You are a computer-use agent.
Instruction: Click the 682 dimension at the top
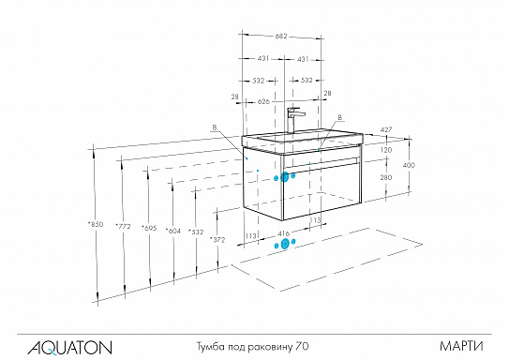pyautogui.click(x=282, y=37)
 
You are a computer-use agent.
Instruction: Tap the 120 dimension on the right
pyautogui.click(x=384, y=149)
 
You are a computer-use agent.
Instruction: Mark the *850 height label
pyautogui.click(x=95, y=224)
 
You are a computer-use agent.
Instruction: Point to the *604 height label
pyautogui.click(x=172, y=230)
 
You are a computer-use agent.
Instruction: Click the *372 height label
pyautogui.click(x=218, y=240)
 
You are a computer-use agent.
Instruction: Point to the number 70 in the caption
pyautogui.click(x=303, y=347)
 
